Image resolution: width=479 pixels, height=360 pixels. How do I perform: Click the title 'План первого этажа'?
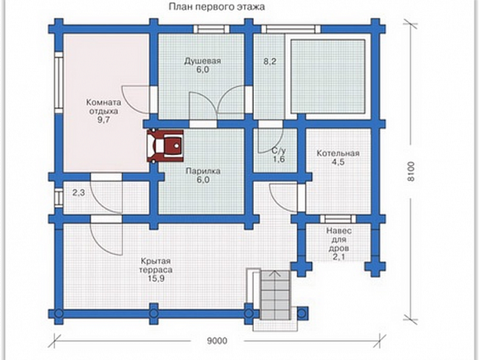click(217, 7)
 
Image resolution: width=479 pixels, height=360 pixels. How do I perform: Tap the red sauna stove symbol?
click(165, 146)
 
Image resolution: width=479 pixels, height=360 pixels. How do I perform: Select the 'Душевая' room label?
click(202, 61)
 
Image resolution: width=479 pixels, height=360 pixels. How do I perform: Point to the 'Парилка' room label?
click(202, 171)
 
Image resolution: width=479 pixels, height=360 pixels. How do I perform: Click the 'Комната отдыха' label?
click(104, 107)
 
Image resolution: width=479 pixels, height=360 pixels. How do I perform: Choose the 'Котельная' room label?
click(338, 153)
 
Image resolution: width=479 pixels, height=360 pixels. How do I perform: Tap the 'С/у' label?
click(278, 151)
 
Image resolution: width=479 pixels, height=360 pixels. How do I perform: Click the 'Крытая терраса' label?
click(156, 265)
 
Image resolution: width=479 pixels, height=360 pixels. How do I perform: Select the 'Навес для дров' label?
click(338, 239)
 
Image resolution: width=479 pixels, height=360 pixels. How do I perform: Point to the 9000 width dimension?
click(217, 341)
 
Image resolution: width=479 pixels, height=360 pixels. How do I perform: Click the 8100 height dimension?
click(412, 171)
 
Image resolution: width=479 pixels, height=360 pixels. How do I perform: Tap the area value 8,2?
click(270, 61)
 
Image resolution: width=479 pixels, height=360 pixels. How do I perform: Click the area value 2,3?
click(79, 193)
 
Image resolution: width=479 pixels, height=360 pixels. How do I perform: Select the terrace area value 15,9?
click(156, 278)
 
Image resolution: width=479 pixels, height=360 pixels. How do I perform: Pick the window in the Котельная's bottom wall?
click(338, 219)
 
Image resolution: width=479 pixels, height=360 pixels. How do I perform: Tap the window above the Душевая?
click(211, 29)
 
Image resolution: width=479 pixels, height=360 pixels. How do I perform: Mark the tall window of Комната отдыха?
click(59, 82)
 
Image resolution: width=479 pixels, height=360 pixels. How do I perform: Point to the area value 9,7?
click(104, 120)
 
